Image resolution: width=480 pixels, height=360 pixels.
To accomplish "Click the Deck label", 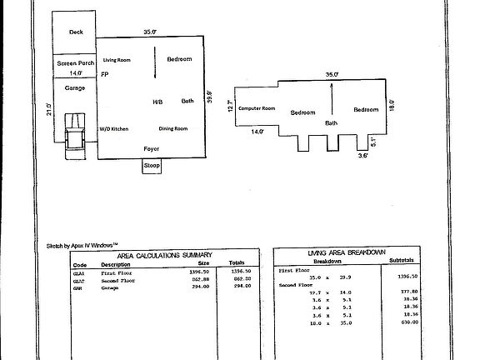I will (x=76, y=32).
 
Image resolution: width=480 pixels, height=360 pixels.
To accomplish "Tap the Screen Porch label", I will (x=76, y=63).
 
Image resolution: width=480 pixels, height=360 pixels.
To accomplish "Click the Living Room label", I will (x=117, y=60).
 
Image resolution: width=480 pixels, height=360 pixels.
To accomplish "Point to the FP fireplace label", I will (x=105, y=75).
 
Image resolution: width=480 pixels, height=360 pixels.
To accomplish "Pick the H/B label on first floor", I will (x=157, y=102).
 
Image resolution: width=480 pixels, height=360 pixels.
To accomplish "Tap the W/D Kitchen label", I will (x=113, y=129).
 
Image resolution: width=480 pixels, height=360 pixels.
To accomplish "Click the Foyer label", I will (x=152, y=149).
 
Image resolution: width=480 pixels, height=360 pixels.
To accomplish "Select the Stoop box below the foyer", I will (x=152, y=166).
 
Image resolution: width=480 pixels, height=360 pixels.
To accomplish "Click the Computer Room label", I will (x=256, y=109).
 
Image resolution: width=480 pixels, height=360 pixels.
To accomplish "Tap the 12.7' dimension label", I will (x=230, y=107).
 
